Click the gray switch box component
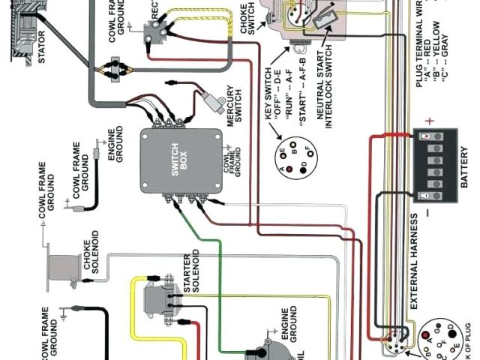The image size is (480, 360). pyautogui.click(x=180, y=160)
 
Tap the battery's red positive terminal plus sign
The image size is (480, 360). pyautogui.click(x=430, y=121)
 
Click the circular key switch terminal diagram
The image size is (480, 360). pyautogui.click(x=292, y=158)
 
